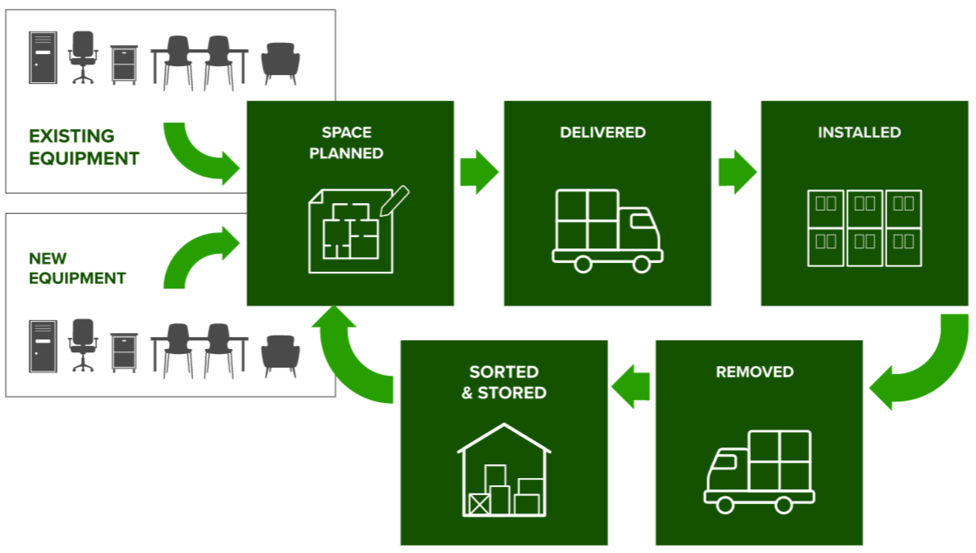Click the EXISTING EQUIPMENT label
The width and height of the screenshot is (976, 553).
pos(84,148)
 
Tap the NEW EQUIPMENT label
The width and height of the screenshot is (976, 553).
pos(77,268)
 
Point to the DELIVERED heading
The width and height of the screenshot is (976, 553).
pos(603,132)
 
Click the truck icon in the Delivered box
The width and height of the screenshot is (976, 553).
pos(607,231)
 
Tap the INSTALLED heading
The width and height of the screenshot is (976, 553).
pos(859,132)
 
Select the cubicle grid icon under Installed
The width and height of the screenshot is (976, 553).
pos(864,228)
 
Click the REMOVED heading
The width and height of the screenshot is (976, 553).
pos(754,372)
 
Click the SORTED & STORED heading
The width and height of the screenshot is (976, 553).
pos(504,382)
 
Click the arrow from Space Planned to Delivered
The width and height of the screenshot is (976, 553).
pos(479,172)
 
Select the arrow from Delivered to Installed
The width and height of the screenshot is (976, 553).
pos(736,172)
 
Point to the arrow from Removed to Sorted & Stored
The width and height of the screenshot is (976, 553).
pos(631,386)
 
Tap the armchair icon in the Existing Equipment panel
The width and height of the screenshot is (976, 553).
pos(281,63)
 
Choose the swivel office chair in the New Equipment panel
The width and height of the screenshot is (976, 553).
pos(82,345)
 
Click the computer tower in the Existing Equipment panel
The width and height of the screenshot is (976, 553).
pos(44,57)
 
